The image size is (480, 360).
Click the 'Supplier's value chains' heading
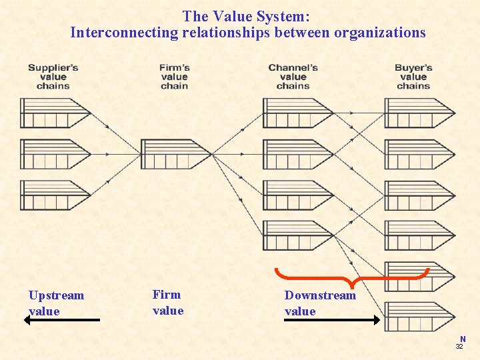click(x=53, y=77)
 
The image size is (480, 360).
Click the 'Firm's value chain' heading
click(x=175, y=77)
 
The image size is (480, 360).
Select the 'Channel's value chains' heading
click(x=293, y=77)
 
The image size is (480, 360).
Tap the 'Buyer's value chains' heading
click(x=413, y=77)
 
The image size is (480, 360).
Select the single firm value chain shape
click(x=175, y=154)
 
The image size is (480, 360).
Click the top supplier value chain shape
click(x=54, y=113)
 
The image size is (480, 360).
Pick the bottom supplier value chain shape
click(x=54, y=195)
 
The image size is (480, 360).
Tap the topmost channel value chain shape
click(x=297, y=113)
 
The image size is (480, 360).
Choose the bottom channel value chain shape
click(x=297, y=235)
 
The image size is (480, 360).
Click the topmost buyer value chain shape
click(x=419, y=113)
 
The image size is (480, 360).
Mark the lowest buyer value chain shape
click(x=419, y=317)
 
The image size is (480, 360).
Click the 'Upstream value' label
click(x=56, y=303)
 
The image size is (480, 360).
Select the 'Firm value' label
click(x=167, y=303)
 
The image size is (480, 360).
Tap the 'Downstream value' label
click(x=320, y=303)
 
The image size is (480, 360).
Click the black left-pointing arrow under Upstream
click(x=61, y=320)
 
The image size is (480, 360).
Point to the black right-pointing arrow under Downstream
click(x=332, y=320)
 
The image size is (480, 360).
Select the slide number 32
click(x=459, y=347)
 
